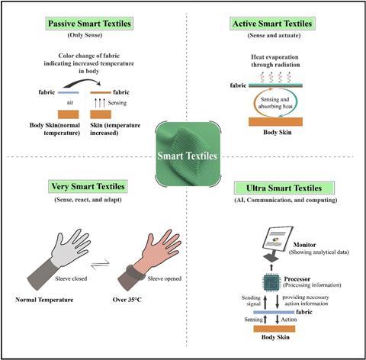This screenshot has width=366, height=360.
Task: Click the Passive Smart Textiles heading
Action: pos(89,24)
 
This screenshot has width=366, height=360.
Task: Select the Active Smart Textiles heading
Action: pos(272,24)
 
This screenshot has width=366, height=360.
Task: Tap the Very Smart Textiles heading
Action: pos(88,186)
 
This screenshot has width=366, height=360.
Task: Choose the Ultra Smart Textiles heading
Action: pos(284,188)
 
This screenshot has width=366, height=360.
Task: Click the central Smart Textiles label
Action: pos(188,156)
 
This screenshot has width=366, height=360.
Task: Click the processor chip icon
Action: pos(271,282)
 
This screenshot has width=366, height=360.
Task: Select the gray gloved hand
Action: pos(59,258)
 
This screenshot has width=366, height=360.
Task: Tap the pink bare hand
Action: pos(150,259)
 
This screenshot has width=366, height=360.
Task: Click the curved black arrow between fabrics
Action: pos(82,82)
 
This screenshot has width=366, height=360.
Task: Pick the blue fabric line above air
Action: pos(69,92)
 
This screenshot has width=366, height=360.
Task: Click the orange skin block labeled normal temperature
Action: pos(69,114)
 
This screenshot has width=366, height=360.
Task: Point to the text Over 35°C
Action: pos(127,300)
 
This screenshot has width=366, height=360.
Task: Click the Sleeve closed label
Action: pos(71,278)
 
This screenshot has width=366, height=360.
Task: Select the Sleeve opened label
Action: pos(165,278)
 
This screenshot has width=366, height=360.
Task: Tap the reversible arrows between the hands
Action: pos(101,264)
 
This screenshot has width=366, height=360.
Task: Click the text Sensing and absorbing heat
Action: pos(275,103)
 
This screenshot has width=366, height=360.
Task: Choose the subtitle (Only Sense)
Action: pos(85,35)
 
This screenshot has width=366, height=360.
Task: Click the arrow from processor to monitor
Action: pos(271,267)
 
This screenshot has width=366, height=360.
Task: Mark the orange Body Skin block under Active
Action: pos(275,121)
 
